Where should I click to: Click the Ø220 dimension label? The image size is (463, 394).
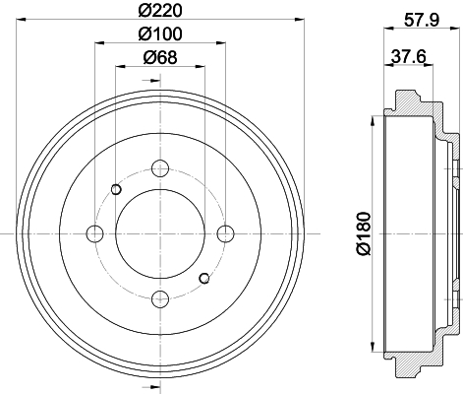160,11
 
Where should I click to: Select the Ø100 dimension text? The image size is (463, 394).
160,33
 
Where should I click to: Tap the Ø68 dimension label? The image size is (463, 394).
160,57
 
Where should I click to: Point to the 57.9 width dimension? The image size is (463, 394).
421,21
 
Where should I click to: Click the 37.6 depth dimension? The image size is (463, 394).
408,56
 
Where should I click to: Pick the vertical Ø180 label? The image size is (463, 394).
364,233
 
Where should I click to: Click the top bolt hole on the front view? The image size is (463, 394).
160,168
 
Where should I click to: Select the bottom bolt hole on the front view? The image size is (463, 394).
160,299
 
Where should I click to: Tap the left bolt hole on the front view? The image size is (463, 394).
94,233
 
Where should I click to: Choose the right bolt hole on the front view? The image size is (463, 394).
226,233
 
